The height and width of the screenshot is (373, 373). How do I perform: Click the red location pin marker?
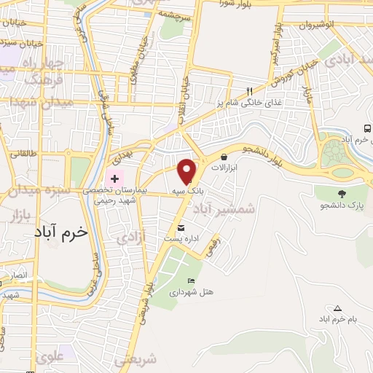pos(187,170)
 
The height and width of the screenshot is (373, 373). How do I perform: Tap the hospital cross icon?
pos(114,178)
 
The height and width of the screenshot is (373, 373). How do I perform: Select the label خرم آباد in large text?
pos(60,231)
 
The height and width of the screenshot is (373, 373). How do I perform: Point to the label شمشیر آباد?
pos(224,208)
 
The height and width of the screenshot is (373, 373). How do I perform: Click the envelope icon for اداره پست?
pos(191,227)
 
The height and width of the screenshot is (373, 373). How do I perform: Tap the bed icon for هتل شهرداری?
pos(192,280)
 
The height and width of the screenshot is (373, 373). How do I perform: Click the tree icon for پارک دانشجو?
pos(341,194)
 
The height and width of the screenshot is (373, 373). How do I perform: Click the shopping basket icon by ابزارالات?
pos(223,156)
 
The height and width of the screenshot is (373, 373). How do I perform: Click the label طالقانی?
pos(23,154)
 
